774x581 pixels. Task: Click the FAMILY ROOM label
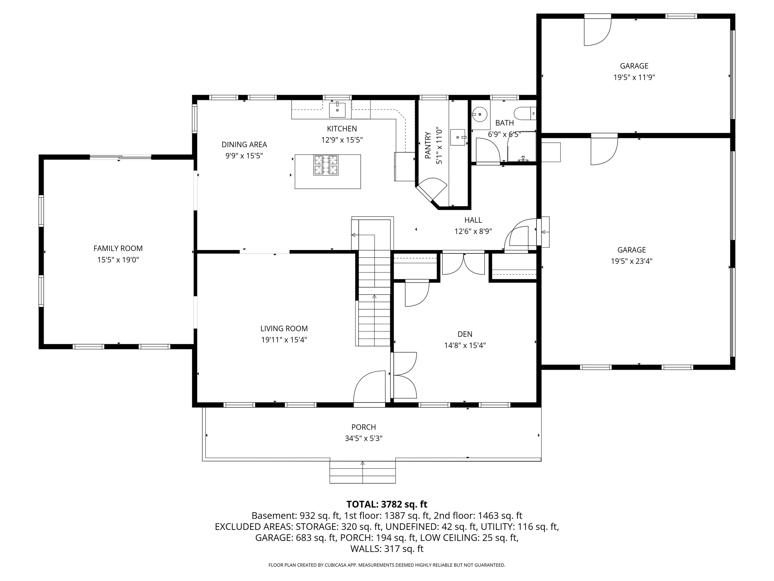point(118,248)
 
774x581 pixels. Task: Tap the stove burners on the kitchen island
point(326,165)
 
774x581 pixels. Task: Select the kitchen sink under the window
point(337,110)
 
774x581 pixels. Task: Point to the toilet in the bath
point(524,113)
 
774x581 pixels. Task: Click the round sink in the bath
point(479,114)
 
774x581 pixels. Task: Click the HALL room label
point(473,220)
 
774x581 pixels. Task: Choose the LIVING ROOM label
point(284,328)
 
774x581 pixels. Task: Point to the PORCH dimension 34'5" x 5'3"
point(363,438)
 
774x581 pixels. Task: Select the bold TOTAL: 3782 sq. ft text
point(387,504)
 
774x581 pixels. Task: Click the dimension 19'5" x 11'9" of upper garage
point(634,77)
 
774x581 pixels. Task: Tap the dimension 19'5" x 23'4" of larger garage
point(632,261)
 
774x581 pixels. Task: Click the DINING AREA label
point(244,144)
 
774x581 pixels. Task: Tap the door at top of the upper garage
point(597,32)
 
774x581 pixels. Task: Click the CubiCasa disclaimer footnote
point(387,565)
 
